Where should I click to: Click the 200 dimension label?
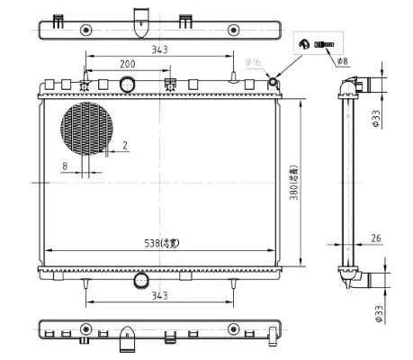(127, 64)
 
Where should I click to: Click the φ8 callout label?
(341, 61)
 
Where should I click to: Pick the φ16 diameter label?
(254, 63)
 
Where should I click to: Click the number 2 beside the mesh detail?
(124, 144)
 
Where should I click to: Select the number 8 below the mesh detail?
(65, 165)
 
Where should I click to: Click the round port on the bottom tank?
(141, 281)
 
